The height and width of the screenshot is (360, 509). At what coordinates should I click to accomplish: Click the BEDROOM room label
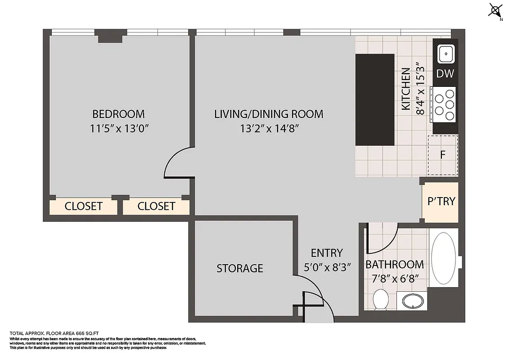click(x=118, y=114)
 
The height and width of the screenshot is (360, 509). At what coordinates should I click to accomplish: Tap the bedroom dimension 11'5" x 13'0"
click(x=119, y=129)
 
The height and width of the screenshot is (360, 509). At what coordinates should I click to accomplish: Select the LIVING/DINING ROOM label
click(x=269, y=114)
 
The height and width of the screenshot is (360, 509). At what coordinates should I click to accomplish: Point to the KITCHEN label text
click(x=406, y=89)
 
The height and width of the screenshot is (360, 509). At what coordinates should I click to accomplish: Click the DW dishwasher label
click(x=445, y=74)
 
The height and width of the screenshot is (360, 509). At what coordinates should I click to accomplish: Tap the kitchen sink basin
click(x=446, y=54)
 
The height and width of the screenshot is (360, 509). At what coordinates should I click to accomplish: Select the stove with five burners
click(x=444, y=104)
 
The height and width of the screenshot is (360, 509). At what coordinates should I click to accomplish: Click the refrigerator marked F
click(x=442, y=155)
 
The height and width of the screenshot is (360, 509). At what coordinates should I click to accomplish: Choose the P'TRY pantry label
click(x=441, y=201)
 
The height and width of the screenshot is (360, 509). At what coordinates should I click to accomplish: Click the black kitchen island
click(x=375, y=99)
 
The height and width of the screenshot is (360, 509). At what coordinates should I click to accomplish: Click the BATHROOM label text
click(x=394, y=264)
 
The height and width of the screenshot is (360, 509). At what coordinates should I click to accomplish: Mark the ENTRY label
click(x=327, y=253)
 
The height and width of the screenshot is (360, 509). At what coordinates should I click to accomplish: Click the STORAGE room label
click(x=240, y=269)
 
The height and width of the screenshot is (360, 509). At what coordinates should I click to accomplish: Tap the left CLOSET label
click(x=83, y=207)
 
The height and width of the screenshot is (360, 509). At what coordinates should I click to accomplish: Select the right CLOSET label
click(x=156, y=207)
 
